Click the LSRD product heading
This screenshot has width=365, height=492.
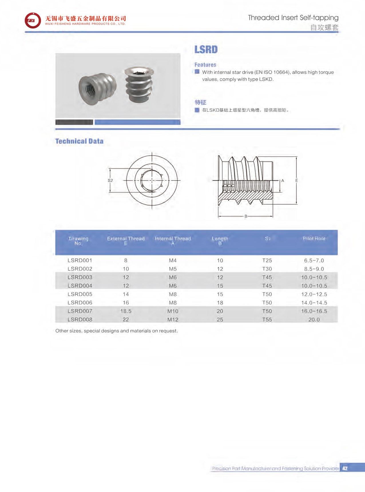pos(206,50)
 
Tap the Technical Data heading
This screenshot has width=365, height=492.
pos(79,141)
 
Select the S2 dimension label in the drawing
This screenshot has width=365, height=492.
pos(110,180)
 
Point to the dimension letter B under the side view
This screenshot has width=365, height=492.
pos(246,216)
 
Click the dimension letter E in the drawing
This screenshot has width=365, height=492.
pos(297,180)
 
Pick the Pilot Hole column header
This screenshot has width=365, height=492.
pos(314,238)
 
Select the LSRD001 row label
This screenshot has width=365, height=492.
pos(80,260)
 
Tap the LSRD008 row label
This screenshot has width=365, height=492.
pos(80,319)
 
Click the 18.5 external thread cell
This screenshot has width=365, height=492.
pos(126,311)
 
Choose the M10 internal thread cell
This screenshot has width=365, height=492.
pos(173,311)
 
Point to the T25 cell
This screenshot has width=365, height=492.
pos(267,260)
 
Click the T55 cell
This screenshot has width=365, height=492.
pos(267,319)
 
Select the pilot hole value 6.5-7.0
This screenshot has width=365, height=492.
pos(314,260)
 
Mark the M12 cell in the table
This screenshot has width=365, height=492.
pos(173,319)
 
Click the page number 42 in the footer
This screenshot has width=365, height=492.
pos(345,468)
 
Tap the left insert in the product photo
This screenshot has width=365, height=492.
pos(97,86)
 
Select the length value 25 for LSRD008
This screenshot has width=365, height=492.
pos(220,319)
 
